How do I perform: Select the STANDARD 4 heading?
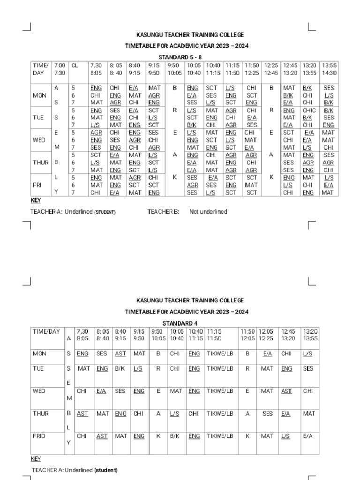(x=180, y=323)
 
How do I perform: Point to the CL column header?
(x=75, y=66)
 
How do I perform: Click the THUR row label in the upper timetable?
(x=41, y=163)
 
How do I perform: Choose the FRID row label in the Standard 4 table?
(x=39, y=436)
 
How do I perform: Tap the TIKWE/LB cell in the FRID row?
(x=220, y=436)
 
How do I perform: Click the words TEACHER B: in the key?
(x=163, y=212)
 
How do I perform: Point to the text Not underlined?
(x=208, y=212)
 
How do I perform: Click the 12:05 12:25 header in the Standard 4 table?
(x=266, y=335)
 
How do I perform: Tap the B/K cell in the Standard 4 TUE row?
(x=120, y=369)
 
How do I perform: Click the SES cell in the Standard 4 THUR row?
(x=267, y=414)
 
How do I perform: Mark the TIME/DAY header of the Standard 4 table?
(x=46, y=331)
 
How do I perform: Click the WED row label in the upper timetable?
(x=39, y=140)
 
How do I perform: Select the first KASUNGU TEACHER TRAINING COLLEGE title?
(x=190, y=35)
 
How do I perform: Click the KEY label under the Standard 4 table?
(x=36, y=459)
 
